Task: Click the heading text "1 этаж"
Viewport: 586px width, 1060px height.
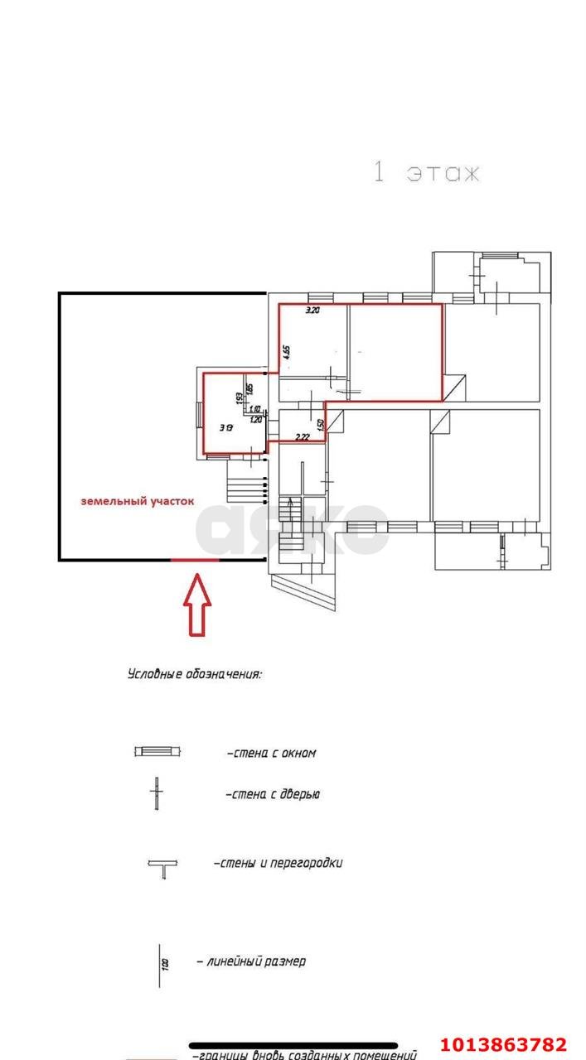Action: coord(426,173)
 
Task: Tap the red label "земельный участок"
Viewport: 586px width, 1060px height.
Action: coord(137,501)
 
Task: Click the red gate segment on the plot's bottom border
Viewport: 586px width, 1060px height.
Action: coord(195,560)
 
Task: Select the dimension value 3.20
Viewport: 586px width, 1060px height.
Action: coord(312,311)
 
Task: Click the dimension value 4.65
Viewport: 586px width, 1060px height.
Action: coord(286,350)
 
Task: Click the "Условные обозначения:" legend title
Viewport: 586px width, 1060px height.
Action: coord(195,674)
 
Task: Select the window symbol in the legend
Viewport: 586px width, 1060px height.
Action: coord(157,752)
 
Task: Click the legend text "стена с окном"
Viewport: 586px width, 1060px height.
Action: coord(271,754)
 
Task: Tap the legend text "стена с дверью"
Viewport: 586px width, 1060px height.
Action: coord(273,794)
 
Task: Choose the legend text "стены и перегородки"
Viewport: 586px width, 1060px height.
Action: coord(278,863)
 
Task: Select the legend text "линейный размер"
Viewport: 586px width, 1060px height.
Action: coord(251,961)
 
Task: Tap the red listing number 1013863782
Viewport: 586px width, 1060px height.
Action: coord(503,1044)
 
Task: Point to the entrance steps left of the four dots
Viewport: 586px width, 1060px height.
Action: coord(243,481)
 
